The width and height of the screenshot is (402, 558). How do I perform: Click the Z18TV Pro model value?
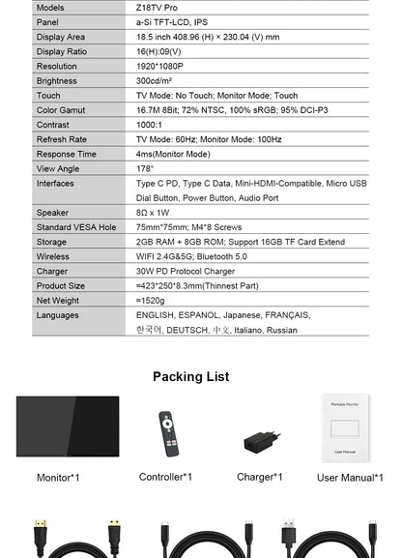pyautogui.click(x=157, y=7)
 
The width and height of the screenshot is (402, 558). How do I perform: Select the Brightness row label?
pyautogui.click(x=56, y=81)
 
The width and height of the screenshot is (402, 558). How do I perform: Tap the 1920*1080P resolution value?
pyautogui.click(x=159, y=67)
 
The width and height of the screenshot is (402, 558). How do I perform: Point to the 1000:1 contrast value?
pyautogui.click(x=149, y=125)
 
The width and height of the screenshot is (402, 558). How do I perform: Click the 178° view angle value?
pyautogui.click(x=145, y=168)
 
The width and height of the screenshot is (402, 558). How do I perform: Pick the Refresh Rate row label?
pyautogui.click(x=61, y=139)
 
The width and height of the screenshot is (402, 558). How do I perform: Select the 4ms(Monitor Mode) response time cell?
pyautogui.click(x=173, y=154)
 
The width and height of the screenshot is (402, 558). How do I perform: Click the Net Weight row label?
pyautogui.click(x=58, y=301)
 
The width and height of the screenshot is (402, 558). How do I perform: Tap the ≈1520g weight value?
pyautogui.click(x=153, y=301)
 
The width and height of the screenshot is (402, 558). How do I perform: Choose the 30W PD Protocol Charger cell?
pyautogui.click(x=184, y=272)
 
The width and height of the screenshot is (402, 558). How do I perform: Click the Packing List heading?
pyautogui.click(x=191, y=376)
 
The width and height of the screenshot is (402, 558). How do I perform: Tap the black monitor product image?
pyautogui.click(x=68, y=426)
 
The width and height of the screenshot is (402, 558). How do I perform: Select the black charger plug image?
pyautogui.click(x=260, y=440)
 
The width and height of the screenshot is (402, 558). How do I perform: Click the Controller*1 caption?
pyautogui.click(x=165, y=477)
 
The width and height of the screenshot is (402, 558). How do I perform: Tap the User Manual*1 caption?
pyautogui.click(x=350, y=478)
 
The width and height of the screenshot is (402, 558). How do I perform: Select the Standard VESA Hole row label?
pyautogui.click(x=76, y=227)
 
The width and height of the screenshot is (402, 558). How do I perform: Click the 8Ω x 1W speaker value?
pyautogui.click(x=153, y=213)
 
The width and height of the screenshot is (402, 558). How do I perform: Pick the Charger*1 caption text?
pyautogui.click(x=260, y=477)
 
